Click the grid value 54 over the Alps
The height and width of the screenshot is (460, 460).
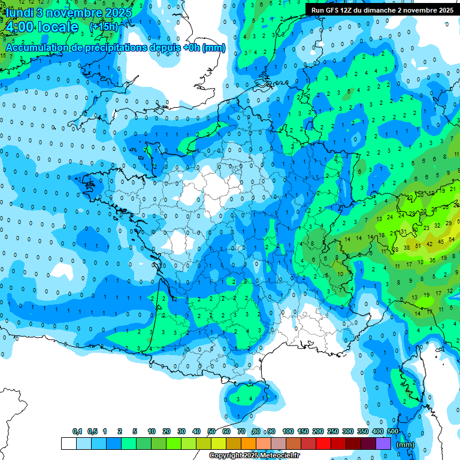click(x=452, y=240)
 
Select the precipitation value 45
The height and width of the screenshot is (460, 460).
click(x=441, y=241)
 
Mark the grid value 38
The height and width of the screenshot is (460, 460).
click(x=407, y=247)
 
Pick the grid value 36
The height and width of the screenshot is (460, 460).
click(x=432, y=260)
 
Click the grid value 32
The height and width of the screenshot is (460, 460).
click(x=437, y=225)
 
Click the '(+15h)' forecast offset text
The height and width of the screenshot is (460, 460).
click(x=104, y=27)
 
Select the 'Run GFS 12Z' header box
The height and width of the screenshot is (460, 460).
click(x=382, y=10)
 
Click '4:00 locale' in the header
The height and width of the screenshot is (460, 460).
click(x=41, y=27)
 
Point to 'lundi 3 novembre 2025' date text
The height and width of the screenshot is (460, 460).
click(x=67, y=12)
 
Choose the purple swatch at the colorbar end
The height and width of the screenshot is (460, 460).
click(x=384, y=444)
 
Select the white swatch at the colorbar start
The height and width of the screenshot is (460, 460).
click(x=69, y=444)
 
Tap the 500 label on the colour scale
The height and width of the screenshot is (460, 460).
click(x=393, y=431)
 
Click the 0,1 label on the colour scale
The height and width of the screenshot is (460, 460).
click(x=77, y=431)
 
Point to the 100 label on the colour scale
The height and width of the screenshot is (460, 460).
click(x=288, y=431)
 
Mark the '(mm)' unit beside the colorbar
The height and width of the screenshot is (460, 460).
click(x=405, y=444)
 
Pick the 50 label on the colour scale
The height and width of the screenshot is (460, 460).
click(x=211, y=431)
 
